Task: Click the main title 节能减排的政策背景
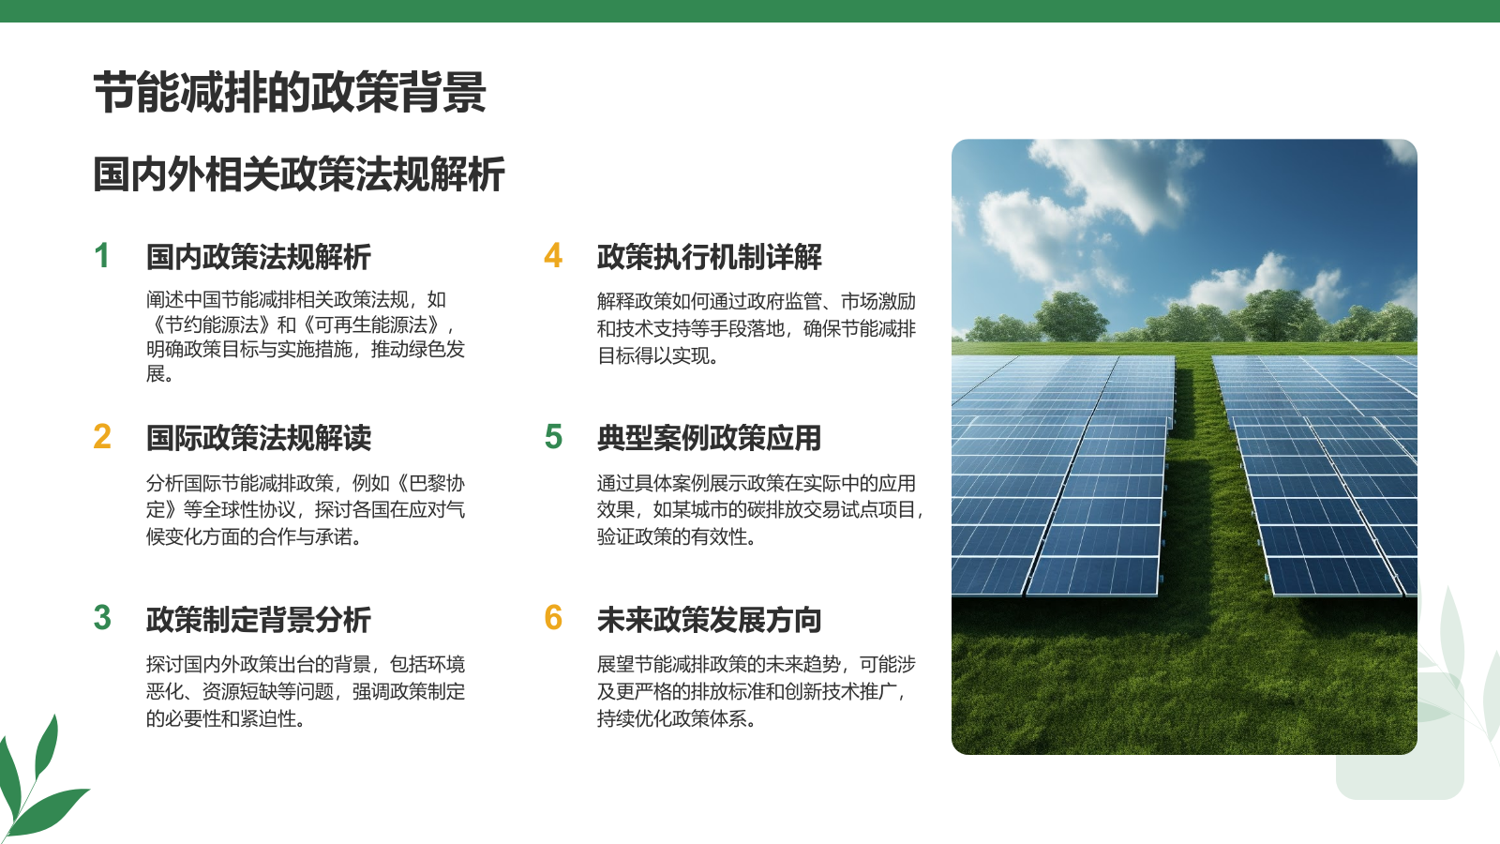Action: click(x=290, y=92)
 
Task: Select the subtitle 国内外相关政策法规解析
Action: click(x=299, y=174)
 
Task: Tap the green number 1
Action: click(x=102, y=256)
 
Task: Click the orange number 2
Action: click(x=102, y=437)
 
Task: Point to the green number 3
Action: click(x=102, y=618)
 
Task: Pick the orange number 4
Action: click(x=553, y=256)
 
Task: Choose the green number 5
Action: click(x=553, y=437)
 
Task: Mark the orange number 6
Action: click(x=553, y=618)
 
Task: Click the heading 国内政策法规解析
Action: click(x=259, y=257)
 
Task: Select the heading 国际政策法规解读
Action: click(x=259, y=438)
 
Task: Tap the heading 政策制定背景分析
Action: click(x=259, y=620)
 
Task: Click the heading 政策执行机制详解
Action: click(x=709, y=257)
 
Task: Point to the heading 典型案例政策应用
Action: click(x=709, y=438)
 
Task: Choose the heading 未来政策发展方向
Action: click(x=709, y=620)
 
